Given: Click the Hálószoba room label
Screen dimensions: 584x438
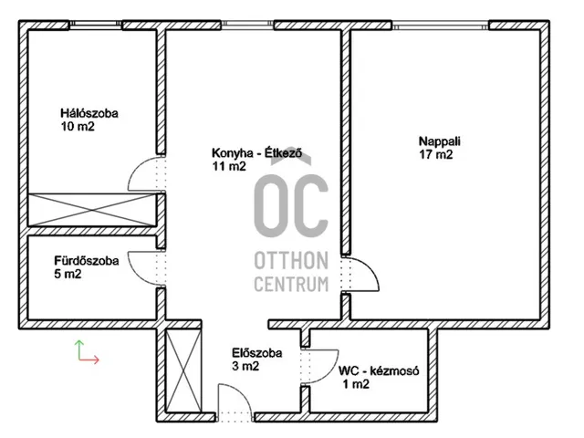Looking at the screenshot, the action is [x=89, y=113].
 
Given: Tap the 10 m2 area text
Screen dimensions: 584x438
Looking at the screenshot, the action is [x=78, y=127].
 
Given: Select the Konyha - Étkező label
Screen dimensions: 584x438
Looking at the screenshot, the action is [x=256, y=153].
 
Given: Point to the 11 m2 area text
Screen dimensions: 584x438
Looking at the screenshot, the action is [x=229, y=166].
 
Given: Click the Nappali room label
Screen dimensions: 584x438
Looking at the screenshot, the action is [x=440, y=141].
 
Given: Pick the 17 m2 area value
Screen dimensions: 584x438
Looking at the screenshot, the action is [x=436, y=154].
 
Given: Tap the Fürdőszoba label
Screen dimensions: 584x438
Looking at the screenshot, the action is [x=87, y=261].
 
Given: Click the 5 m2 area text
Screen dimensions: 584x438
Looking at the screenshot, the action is [x=68, y=274].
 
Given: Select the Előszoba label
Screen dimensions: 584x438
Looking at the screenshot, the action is [x=257, y=353].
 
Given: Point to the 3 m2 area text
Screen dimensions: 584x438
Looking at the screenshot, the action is [x=245, y=366].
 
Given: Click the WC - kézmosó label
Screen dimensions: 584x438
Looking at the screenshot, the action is [x=379, y=371].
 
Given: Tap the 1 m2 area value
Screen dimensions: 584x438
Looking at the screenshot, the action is [x=356, y=384].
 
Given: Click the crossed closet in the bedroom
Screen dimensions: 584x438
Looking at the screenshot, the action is [x=92, y=210].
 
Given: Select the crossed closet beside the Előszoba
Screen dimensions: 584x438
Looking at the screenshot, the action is [x=182, y=371].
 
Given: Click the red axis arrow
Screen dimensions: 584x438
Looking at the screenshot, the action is [x=89, y=360].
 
